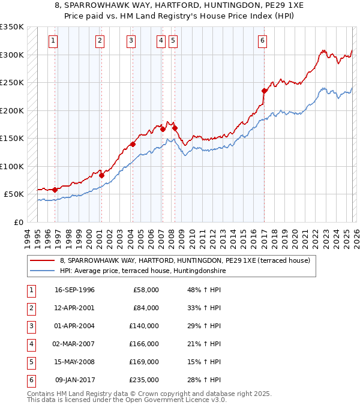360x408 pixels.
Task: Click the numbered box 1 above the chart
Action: click(53, 41)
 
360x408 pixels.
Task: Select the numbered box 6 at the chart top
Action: click(262, 41)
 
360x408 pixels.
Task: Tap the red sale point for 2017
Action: click(264, 91)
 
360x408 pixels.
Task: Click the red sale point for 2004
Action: click(133, 144)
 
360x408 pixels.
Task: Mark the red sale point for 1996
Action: click(55, 190)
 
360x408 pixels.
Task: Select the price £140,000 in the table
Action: click(145, 326)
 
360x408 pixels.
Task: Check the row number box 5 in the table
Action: click(31, 362)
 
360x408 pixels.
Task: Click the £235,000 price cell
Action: click(145, 380)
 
